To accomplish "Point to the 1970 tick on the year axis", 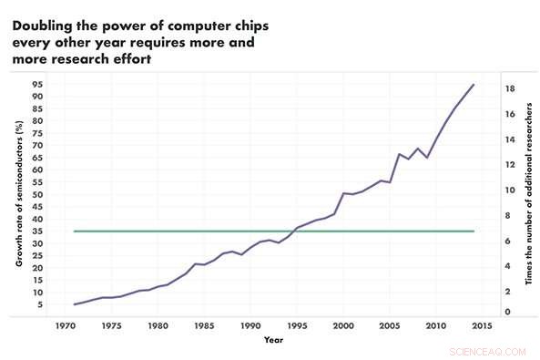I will (x=65, y=324).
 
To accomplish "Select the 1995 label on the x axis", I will (x=297, y=324).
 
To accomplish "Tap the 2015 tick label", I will (x=483, y=324).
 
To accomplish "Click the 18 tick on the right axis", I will (x=512, y=88).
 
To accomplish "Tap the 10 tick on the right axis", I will (x=512, y=190).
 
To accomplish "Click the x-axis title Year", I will (x=273, y=341).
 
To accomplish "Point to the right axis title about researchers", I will (x=529, y=195).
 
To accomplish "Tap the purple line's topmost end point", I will (x=474, y=85).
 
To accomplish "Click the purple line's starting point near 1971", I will (x=74, y=304).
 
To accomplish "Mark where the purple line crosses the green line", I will (x=292, y=231).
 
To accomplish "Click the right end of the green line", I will (x=474, y=231).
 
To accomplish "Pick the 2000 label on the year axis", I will (x=343, y=324).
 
